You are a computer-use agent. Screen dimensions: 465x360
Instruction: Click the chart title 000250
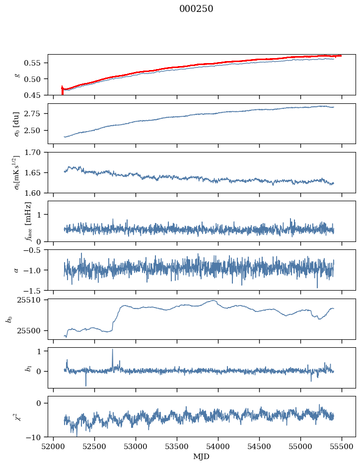196,9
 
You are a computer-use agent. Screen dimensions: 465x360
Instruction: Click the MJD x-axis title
201,457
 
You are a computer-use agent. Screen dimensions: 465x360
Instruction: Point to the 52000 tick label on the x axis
54,445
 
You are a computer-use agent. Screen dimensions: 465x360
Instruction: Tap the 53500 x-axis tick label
177,445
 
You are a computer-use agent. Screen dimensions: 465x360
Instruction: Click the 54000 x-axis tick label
218,445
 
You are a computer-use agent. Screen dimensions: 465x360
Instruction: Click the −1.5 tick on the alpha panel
34,290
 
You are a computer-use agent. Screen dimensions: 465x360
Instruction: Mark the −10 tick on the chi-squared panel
35,437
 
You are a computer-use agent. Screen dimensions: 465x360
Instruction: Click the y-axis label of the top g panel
17,75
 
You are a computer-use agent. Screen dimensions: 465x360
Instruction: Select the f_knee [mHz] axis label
28,221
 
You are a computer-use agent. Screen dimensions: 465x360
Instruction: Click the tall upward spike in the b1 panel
112,350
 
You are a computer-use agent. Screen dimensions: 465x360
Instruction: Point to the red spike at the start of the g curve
62,90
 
